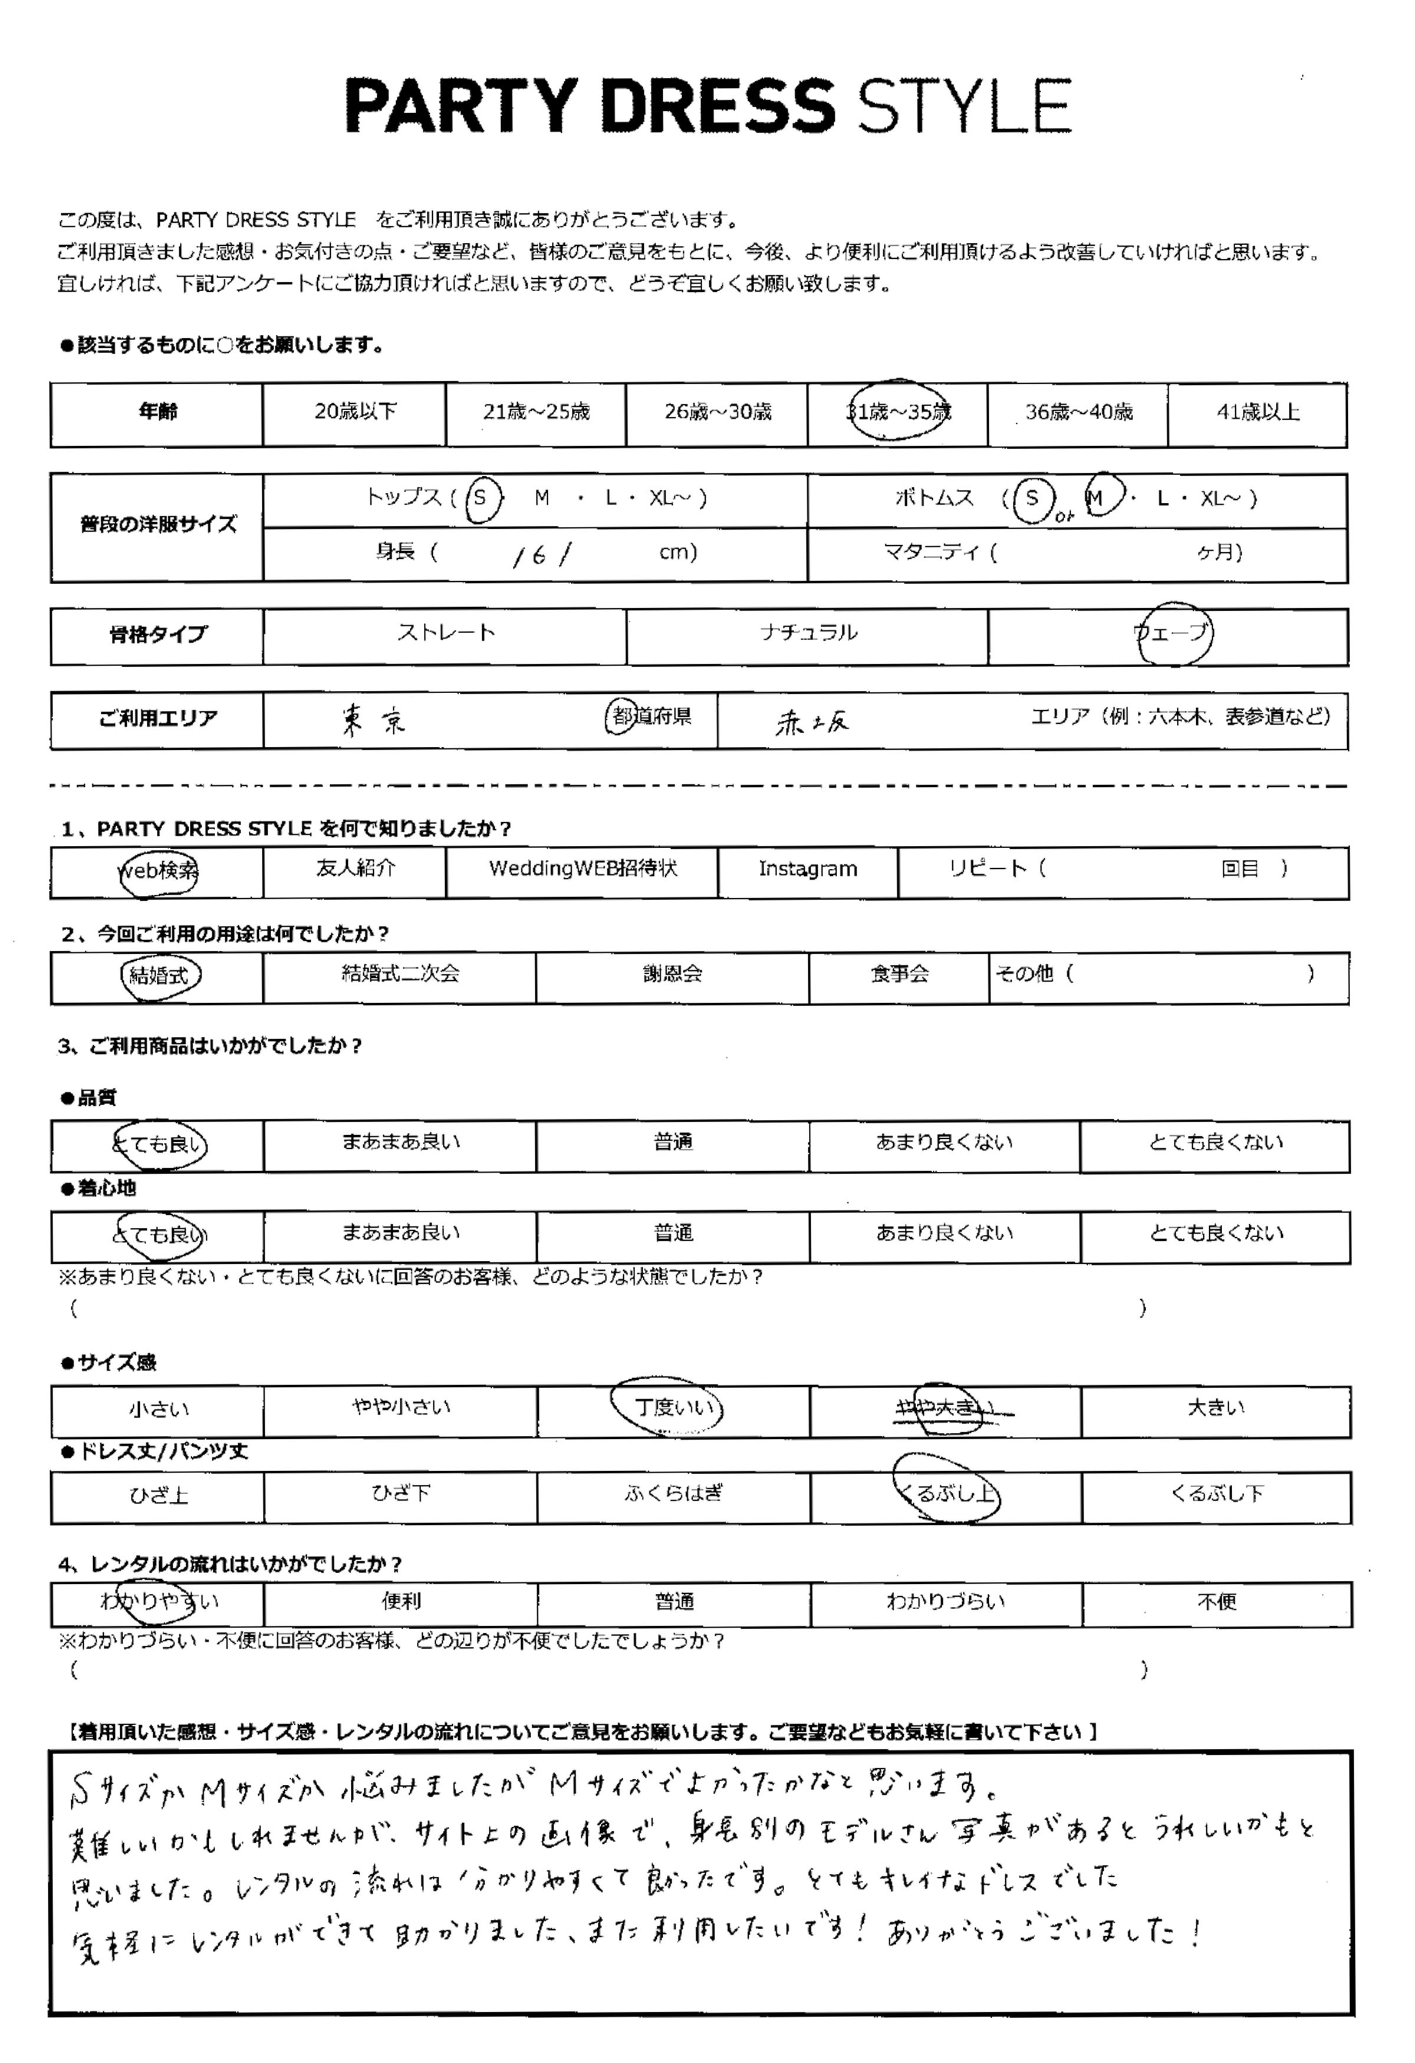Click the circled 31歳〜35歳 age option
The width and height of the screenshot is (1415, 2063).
point(897,412)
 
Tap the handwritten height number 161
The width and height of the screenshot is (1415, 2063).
point(541,555)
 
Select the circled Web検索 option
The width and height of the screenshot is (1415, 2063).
point(158,871)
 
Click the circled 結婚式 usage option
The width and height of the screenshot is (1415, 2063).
point(160,975)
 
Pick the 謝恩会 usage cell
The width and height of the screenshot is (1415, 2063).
point(672,975)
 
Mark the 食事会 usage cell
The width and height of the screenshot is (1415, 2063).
point(899,975)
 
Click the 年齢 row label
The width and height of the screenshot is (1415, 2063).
point(157,412)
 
